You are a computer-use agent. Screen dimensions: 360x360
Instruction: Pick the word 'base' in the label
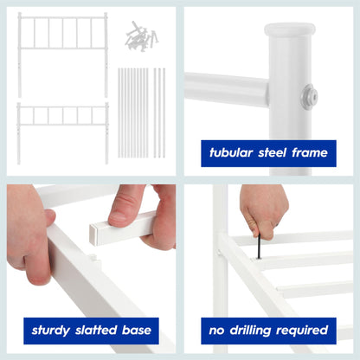[x=139, y=330]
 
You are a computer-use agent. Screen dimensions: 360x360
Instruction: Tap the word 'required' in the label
[x=305, y=330]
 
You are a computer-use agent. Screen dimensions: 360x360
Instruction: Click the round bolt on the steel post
[x=309, y=97]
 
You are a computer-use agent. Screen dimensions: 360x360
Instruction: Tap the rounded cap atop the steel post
[x=290, y=29]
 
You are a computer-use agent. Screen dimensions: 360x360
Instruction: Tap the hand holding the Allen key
[x=263, y=210]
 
